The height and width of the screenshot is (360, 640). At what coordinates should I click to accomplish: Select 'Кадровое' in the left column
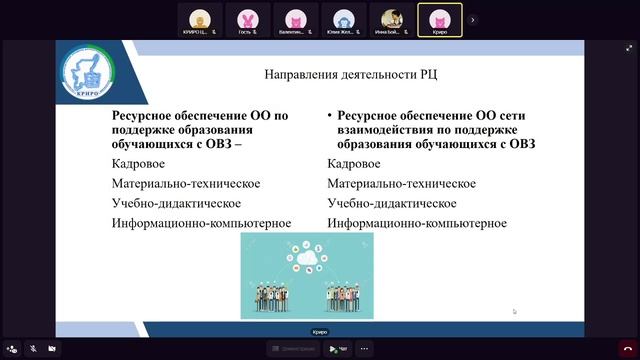139,163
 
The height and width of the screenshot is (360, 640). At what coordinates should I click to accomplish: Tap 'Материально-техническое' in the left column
186,183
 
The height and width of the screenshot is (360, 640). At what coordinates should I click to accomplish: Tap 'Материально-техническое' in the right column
401,183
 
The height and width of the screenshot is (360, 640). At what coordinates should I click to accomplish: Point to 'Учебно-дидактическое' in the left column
177,203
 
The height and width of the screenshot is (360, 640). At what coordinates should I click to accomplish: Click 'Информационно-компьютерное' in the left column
201,223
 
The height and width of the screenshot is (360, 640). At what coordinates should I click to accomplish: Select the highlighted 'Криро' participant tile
440,18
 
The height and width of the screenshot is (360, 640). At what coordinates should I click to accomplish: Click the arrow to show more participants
473,18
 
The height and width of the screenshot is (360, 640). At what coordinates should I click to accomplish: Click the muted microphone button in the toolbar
33,349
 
